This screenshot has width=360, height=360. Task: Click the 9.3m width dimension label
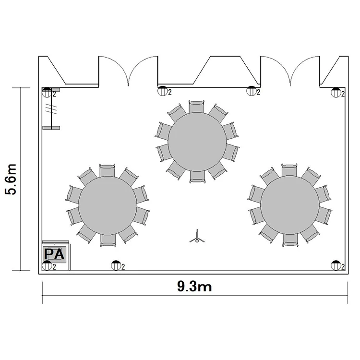click(194, 287)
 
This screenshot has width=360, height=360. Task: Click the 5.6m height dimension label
click(11, 180)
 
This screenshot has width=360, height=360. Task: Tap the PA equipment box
click(55, 254)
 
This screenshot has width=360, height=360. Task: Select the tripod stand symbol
click(197, 237)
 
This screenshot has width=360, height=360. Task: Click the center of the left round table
click(108, 205)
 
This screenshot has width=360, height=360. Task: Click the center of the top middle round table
click(197, 142)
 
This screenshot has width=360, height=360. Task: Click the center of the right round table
click(290, 205)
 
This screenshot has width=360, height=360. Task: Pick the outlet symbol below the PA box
click(47, 265)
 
